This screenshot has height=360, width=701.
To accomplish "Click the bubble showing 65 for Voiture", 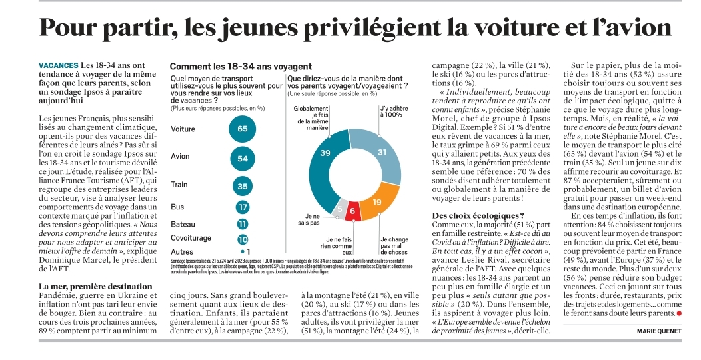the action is (243, 129).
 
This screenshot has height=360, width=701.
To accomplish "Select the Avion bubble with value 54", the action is (243, 159).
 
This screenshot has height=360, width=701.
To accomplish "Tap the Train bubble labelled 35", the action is (243, 186).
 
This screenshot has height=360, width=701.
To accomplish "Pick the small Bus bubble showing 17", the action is (243, 207).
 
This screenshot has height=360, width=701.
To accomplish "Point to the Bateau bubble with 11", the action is (243, 225).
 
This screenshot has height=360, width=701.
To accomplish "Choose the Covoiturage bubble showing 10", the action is (243, 240).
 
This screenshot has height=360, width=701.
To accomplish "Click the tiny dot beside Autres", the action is (243, 252).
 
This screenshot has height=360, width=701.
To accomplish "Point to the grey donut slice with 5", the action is (340, 208).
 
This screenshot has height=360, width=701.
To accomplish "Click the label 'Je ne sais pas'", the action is (309, 219).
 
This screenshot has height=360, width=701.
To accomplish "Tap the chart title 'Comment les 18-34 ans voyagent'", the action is (241, 67).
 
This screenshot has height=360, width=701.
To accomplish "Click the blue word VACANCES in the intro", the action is (59, 65).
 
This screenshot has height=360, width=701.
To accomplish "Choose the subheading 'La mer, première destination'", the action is (96, 286).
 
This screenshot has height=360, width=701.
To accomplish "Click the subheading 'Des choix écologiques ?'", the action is (478, 215).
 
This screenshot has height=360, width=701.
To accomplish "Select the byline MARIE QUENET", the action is (660, 331).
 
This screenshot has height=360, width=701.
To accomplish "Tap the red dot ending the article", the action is (679, 313).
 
